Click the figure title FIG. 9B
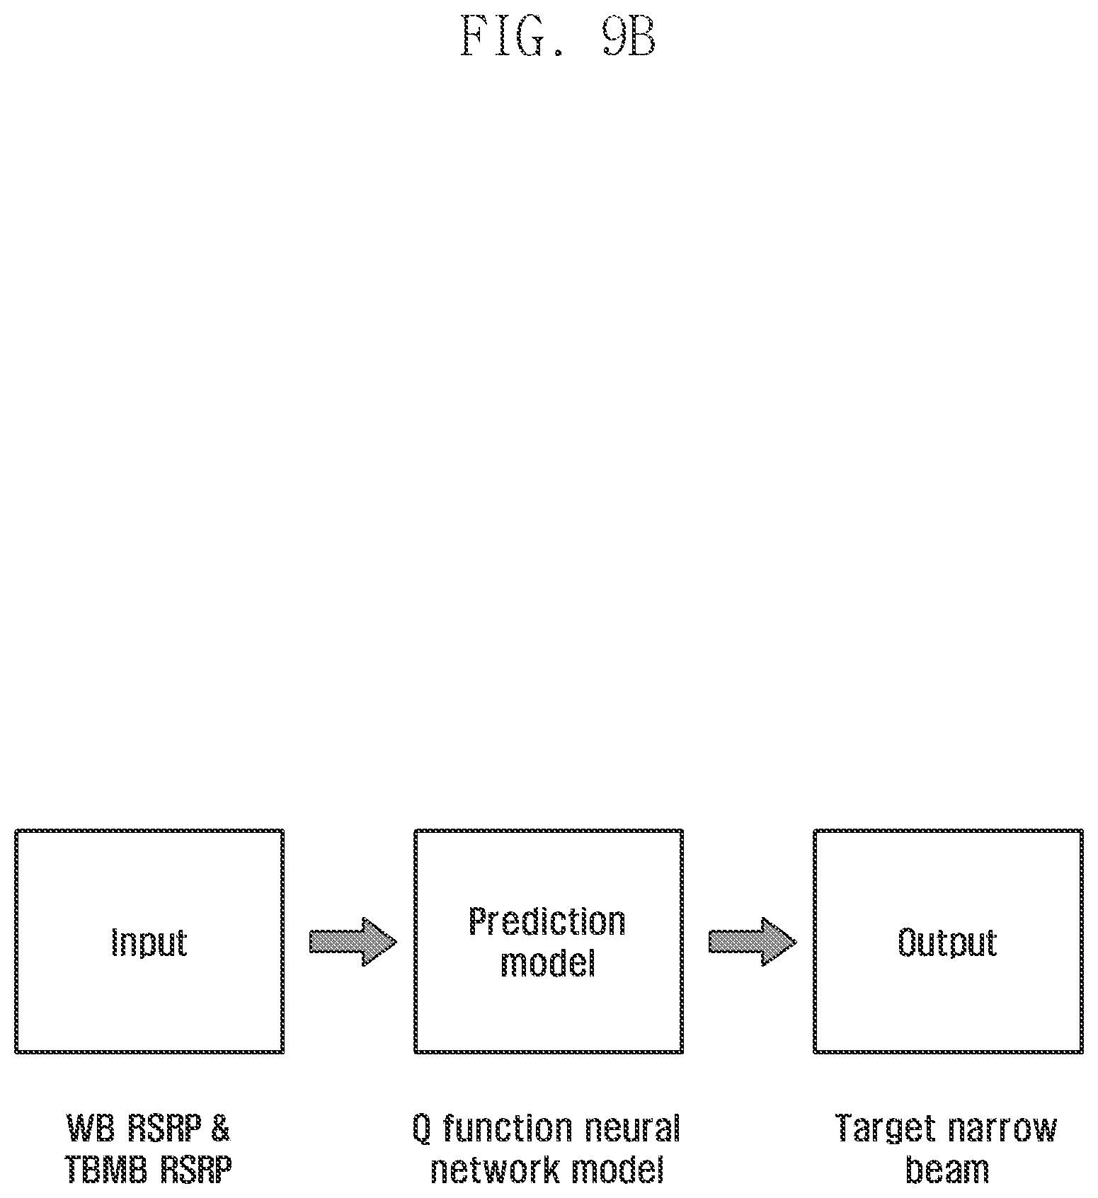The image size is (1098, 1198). [559, 36]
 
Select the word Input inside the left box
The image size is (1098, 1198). [149, 942]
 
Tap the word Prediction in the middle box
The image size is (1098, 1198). [547, 921]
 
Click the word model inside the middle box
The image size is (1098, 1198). [548, 962]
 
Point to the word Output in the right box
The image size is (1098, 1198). [947, 943]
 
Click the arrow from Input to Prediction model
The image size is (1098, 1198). [353, 941]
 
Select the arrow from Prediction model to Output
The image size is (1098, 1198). [752, 941]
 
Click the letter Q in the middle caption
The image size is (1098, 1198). [422, 1129]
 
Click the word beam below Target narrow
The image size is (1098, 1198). [947, 1170]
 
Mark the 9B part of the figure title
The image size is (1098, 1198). [629, 36]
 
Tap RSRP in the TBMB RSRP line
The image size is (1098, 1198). [196, 1170]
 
